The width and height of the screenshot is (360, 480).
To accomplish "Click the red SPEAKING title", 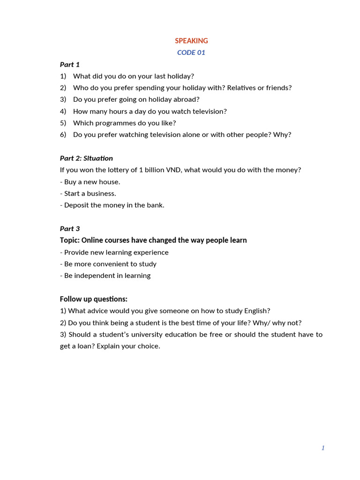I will (x=191, y=41).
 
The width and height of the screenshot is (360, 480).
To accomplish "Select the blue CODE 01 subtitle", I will (x=191, y=52).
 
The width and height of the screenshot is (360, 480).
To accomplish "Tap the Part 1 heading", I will (x=70, y=64).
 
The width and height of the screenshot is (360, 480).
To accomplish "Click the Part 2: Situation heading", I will (x=86, y=158).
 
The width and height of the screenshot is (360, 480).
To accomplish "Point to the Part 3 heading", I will (x=70, y=228).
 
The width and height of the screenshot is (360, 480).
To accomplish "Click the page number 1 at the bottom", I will (x=323, y=448).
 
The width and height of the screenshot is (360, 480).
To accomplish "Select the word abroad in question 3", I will (x=187, y=99).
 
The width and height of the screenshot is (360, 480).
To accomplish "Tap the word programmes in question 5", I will (x=120, y=123).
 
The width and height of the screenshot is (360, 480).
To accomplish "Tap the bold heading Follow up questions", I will (x=94, y=299).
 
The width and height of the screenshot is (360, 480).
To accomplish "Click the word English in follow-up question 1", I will (x=257, y=311).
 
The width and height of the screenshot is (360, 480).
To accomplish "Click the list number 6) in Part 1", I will (x=63, y=135).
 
